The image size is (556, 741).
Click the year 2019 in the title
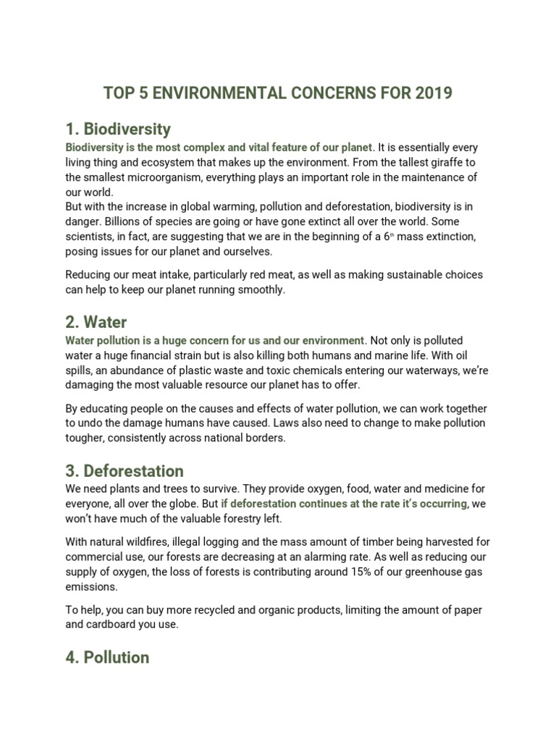[432, 93]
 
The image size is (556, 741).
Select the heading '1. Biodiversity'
[118, 130]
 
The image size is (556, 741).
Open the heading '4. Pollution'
[107, 657]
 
